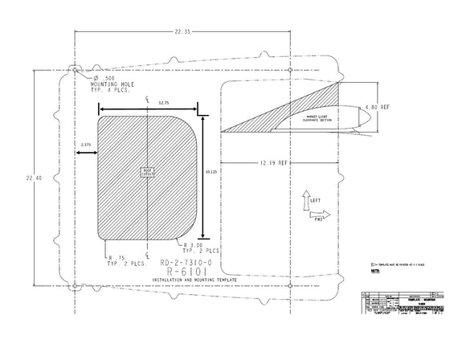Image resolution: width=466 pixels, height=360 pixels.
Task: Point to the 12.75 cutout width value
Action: (x=164, y=103)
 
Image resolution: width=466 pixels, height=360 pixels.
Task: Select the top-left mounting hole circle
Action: (x=75, y=71)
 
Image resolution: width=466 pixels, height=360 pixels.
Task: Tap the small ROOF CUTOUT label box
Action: (x=147, y=172)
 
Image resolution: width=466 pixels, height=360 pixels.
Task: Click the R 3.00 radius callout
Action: (x=201, y=247)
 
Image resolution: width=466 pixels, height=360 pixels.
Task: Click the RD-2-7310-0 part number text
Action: (x=186, y=263)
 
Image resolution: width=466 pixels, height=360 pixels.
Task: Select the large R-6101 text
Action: (x=186, y=272)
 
